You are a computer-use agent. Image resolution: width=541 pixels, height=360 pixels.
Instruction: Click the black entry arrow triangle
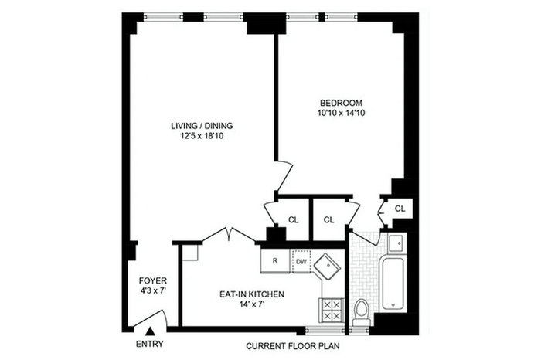[x=150, y=331]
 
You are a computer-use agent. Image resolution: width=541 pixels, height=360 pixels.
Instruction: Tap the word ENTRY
[x=150, y=344]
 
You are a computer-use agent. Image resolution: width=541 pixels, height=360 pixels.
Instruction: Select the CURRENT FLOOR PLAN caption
[x=293, y=346]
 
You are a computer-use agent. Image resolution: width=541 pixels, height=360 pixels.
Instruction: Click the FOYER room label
[x=153, y=280]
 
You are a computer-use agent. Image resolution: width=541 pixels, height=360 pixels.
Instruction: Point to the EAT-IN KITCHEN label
[x=252, y=294]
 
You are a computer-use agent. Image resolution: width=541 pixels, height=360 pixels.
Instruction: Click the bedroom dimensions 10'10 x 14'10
[x=342, y=113]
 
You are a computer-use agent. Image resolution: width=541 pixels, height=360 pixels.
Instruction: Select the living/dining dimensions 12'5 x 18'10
[x=202, y=136]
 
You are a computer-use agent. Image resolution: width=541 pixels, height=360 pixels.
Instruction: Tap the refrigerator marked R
[x=275, y=260]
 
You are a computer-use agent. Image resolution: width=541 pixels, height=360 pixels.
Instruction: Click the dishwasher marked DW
[x=301, y=262]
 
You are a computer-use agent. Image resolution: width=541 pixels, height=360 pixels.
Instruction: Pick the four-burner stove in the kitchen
[x=332, y=311]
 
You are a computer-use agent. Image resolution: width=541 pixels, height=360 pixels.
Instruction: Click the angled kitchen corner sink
[x=327, y=267]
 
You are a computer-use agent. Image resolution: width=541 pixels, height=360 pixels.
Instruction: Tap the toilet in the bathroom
[x=362, y=312]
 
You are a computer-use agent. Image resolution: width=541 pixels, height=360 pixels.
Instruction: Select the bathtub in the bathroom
[x=393, y=284]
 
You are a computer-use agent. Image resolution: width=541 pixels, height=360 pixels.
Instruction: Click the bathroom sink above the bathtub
[x=396, y=243]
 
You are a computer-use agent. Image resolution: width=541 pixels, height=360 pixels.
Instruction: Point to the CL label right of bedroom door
[x=400, y=209]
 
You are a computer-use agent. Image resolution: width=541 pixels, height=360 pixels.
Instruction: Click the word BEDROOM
[x=342, y=103]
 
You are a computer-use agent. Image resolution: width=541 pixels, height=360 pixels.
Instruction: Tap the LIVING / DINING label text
[x=202, y=126]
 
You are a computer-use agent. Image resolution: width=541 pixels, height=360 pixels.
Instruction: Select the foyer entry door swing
[x=151, y=318]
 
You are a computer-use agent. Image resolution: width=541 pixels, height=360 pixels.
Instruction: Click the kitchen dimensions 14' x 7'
[x=252, y=304]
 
